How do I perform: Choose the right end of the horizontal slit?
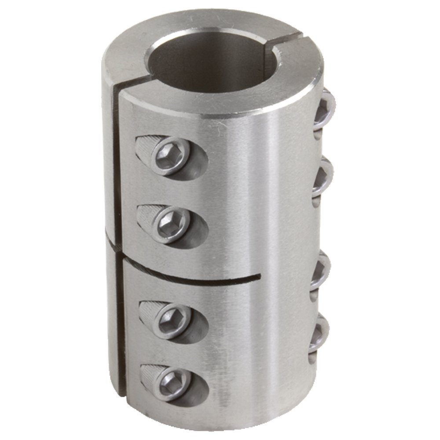click(x=260, y=276)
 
